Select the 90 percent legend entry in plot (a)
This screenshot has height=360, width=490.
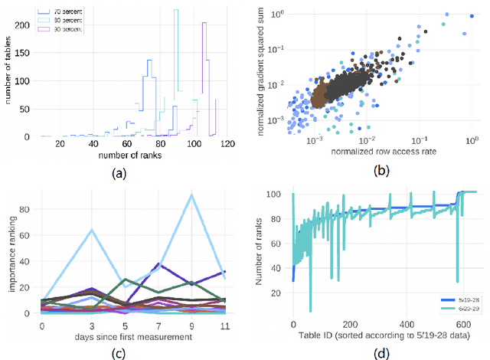[65, 28]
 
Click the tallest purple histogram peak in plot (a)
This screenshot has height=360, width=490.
[204, 23]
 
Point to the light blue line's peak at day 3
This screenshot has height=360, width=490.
[91, 230]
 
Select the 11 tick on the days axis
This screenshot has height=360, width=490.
[224, 326]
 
